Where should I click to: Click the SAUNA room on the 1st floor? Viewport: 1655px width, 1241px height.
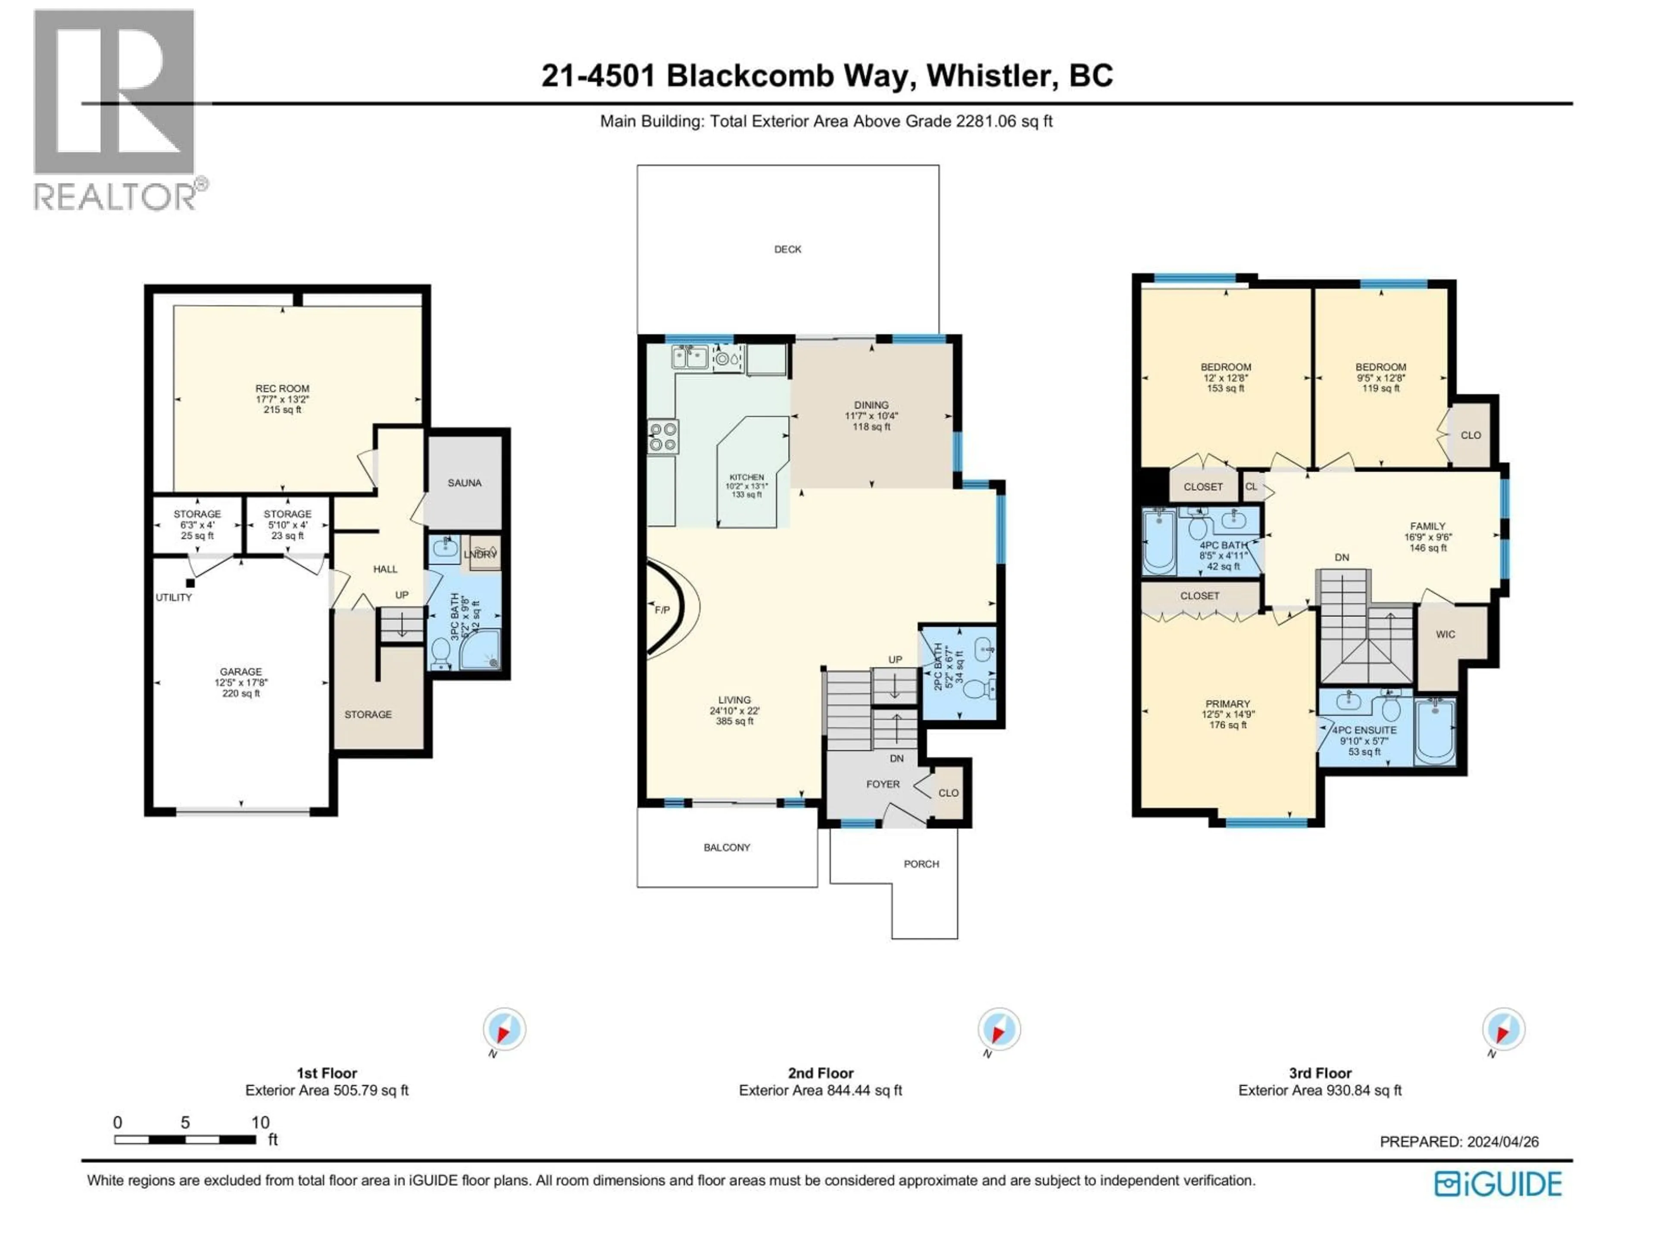pos(464,483)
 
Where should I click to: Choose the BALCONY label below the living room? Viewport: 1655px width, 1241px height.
pos(727,848)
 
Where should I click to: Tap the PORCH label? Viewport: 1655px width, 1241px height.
pos(921,864)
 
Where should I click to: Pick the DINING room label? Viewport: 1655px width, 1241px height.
pos(871,405)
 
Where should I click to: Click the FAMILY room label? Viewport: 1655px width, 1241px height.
pos(1427,526)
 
